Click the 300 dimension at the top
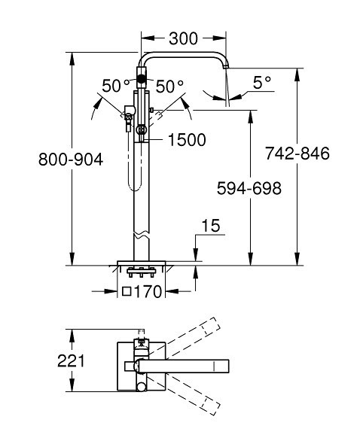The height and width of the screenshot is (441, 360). pos(183,38)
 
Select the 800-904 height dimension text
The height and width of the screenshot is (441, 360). pos(71,160)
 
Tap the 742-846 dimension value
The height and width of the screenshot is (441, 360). pos(297,154)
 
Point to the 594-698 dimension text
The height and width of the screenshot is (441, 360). pos(249,188)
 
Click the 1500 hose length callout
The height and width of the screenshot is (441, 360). pos(187,140)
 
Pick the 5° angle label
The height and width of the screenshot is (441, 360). pos(262,83)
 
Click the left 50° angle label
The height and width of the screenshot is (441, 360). pos(116,86)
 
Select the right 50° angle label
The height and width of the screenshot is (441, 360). pos(169,86)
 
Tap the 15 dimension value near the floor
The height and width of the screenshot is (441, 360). pos(211,226)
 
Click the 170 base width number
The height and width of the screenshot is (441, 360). pos(148,292)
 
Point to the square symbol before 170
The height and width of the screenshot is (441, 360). pos(127,292)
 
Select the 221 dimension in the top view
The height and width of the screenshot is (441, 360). pos(71,360)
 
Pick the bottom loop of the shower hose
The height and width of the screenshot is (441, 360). pos(134,188)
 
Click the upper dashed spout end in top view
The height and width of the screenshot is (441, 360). pos(212,327)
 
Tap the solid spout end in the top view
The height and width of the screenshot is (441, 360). pos(221,366)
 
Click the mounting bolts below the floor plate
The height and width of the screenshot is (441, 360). pos(142,272)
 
